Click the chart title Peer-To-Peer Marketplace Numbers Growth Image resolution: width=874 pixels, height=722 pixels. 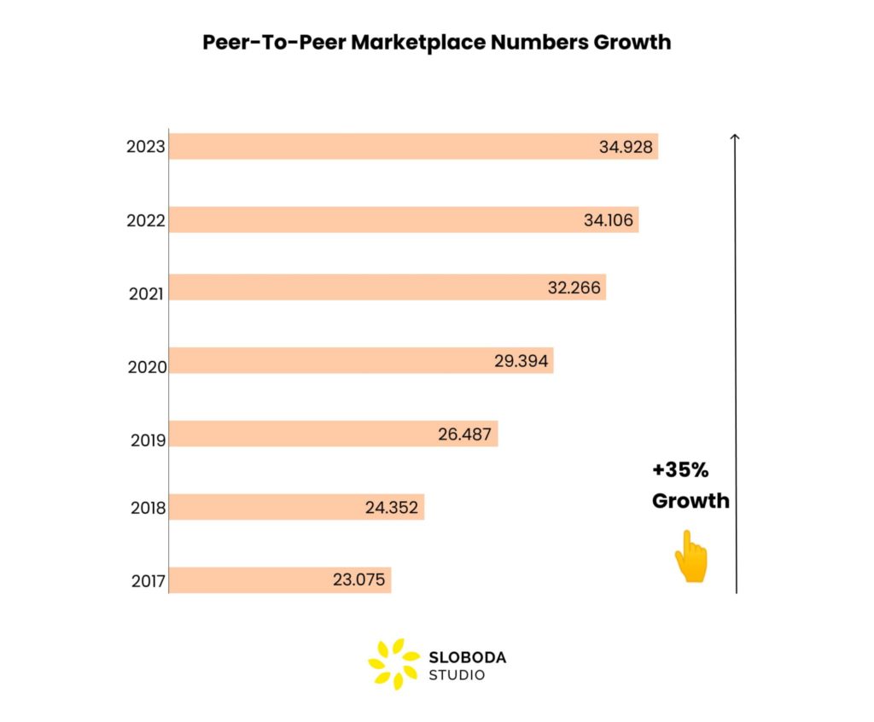436,42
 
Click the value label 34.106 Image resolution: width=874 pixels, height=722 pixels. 609,220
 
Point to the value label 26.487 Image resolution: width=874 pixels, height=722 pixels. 464,434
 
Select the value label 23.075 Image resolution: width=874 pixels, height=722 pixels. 358,580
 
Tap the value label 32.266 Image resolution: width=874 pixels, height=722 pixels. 574,288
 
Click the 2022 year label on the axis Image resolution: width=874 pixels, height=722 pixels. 145,222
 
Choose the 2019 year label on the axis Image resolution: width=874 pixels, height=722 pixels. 148,440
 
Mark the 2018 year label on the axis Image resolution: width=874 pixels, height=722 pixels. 148,509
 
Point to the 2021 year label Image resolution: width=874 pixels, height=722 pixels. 146,294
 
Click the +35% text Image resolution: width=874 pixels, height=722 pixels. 680,470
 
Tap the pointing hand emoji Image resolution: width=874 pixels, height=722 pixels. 691,556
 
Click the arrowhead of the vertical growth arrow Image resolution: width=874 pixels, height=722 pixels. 736,137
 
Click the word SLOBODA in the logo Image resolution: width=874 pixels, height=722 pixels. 467,657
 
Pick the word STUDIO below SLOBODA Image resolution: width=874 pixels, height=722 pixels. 457,675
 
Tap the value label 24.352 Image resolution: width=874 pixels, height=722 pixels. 392,508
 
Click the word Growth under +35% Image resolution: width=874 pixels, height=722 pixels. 690,501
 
